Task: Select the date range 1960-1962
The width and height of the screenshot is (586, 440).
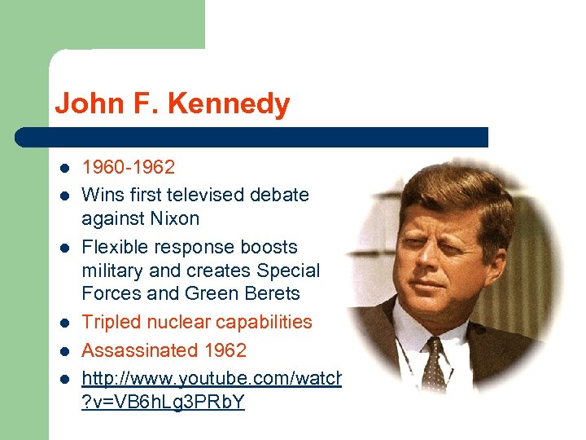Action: pos(129,168)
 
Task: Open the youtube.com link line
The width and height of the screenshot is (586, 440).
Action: pos(212,380)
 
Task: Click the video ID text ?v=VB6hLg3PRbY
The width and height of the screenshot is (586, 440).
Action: pos(163,403)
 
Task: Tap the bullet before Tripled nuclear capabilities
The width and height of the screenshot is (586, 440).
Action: pos(63,323)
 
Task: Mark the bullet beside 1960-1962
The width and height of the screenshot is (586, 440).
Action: pos(63,169)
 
